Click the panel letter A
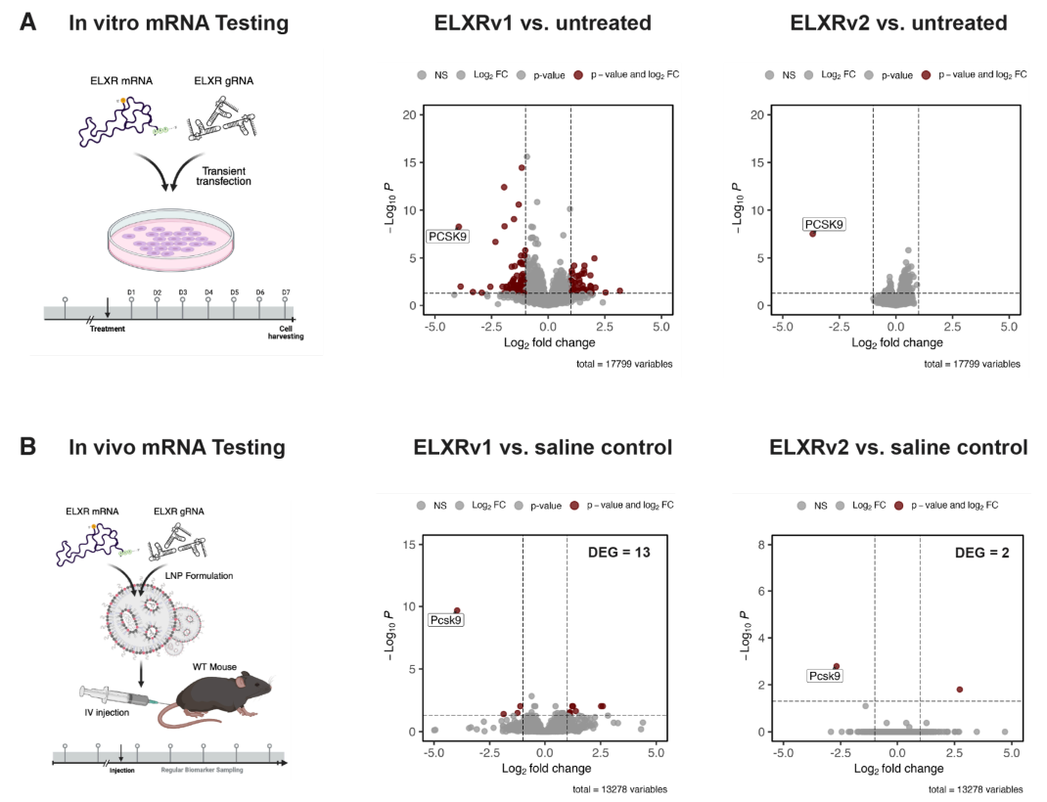[29, 22]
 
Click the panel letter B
[29, 447]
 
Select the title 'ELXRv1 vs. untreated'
[543, 22]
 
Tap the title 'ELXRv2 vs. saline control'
[898, 448]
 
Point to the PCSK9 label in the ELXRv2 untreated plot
[824, 224]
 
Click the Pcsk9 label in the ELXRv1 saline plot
[446, 619]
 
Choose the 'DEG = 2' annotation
[982, 554]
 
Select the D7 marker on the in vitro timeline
[286, 292]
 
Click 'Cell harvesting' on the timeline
[287, 333]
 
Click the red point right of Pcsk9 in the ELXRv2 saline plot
[959, 690]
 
